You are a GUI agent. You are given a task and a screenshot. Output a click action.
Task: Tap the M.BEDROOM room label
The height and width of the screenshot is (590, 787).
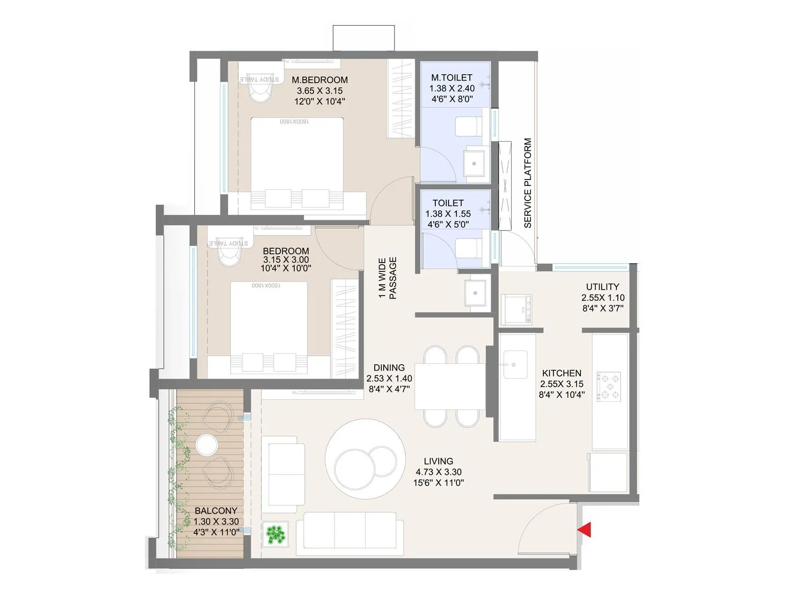pyautogui.click(x=319, y=80)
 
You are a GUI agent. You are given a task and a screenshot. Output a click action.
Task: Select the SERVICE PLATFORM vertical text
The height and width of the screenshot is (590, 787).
pyautogui.click(x=528, y=183)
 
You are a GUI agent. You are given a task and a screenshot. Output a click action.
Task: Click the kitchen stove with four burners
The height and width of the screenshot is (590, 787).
pyautogui.click(x=609, y=385)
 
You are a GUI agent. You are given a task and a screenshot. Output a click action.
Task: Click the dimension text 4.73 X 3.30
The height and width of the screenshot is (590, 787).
pyautogui.click(x=438, y=472)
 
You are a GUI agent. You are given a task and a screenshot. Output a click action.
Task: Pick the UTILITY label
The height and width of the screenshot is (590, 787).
pyautogui.click(x=603, y=287)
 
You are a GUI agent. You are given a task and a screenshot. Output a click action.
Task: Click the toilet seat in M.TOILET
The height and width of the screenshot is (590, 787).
pyautogui.click(x=467, y=126)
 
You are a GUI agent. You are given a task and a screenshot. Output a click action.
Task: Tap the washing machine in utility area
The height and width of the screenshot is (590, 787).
pyautogui.click(x=516, y=309)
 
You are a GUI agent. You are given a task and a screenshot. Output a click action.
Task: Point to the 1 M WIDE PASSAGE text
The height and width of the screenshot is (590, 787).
pyautogui.click(x=388, y=278)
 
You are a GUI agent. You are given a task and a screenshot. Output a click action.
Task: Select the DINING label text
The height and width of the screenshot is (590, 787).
pyautogui.click(x=389, y=368)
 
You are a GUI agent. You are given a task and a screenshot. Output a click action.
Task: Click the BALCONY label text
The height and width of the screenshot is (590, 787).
pyautogui.click(x=215, y=511)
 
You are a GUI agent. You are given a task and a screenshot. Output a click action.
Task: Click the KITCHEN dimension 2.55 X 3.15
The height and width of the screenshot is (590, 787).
pyautogui.click(x=561, y=384)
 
